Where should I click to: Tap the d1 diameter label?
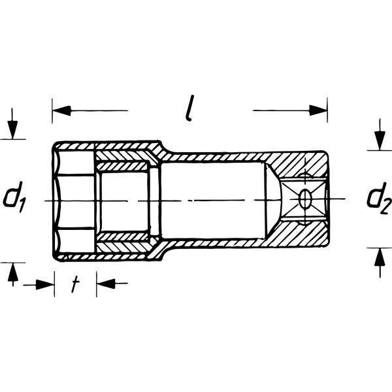click(14, 199)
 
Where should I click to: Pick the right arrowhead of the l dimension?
click(319, 110)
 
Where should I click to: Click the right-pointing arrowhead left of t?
click(46, 284)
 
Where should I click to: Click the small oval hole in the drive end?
click(305, 199)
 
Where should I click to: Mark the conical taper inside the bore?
click(275, 199)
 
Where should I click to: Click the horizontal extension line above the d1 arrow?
click(13, 139)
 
